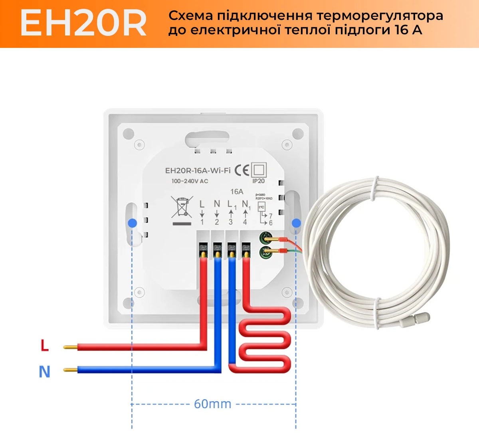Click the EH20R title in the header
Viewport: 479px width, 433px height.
83,24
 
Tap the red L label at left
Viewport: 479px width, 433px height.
44,345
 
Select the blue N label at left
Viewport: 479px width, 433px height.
44,372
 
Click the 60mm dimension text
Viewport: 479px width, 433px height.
212,404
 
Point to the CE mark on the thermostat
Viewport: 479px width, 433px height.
242,170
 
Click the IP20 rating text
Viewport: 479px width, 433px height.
258,181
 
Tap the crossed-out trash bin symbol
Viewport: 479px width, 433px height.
182,207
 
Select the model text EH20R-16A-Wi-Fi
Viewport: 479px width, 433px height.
198,170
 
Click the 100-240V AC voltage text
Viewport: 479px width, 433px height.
190,181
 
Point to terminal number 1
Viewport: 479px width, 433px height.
202,222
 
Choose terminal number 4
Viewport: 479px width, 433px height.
245,222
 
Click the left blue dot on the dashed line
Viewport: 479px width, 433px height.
132,223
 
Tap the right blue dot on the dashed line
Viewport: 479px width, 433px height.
296,223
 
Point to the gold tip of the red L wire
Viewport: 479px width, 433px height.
70,347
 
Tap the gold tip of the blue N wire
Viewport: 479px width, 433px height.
70,370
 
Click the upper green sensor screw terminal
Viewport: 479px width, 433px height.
265,239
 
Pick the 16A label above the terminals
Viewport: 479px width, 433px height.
237,192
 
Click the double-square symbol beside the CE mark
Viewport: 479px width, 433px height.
259,170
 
